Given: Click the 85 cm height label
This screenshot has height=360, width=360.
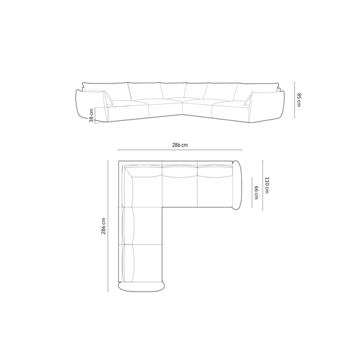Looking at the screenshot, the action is [x=299, y=99].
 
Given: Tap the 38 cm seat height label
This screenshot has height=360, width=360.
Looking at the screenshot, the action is [x=91, y=116].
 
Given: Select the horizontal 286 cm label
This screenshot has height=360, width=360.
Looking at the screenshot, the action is [x=180, y=145].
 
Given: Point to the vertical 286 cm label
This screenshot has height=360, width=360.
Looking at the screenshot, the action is [x=103, y=226].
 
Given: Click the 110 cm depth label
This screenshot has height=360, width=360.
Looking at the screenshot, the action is [x=267, y=185].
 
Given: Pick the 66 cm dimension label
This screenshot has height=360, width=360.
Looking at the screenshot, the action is [x=257, y=192].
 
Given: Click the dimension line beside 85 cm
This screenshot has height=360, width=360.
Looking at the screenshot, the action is [x=295, y=100].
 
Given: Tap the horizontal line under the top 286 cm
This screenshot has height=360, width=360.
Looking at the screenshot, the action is [x=180, y=150].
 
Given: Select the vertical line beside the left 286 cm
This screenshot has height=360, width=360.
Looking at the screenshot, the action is [x=108, y=226].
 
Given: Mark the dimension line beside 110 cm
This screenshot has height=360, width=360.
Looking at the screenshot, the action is [x=263, y=185].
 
